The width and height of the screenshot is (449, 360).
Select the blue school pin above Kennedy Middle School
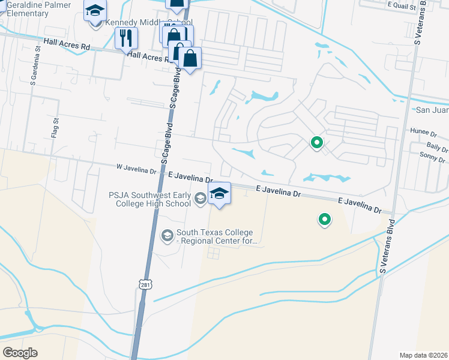tap(95, 12)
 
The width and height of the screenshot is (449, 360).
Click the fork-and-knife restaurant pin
tap(126, 38)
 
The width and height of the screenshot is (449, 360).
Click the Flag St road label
tap(56, 128)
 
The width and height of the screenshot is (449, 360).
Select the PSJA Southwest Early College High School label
tap(149, 199)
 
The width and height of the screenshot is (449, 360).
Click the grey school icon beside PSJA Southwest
tap(200, 197)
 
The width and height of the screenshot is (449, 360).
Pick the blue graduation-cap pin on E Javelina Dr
tap(219, 194)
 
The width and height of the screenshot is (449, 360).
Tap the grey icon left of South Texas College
tap(167, 234)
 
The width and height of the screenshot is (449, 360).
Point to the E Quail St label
tap(400, 4)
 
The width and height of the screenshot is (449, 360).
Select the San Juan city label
tap(432, 110)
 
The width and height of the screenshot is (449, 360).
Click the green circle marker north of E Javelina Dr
tap(316, 143)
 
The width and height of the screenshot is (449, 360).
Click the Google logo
tap(20, 353)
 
